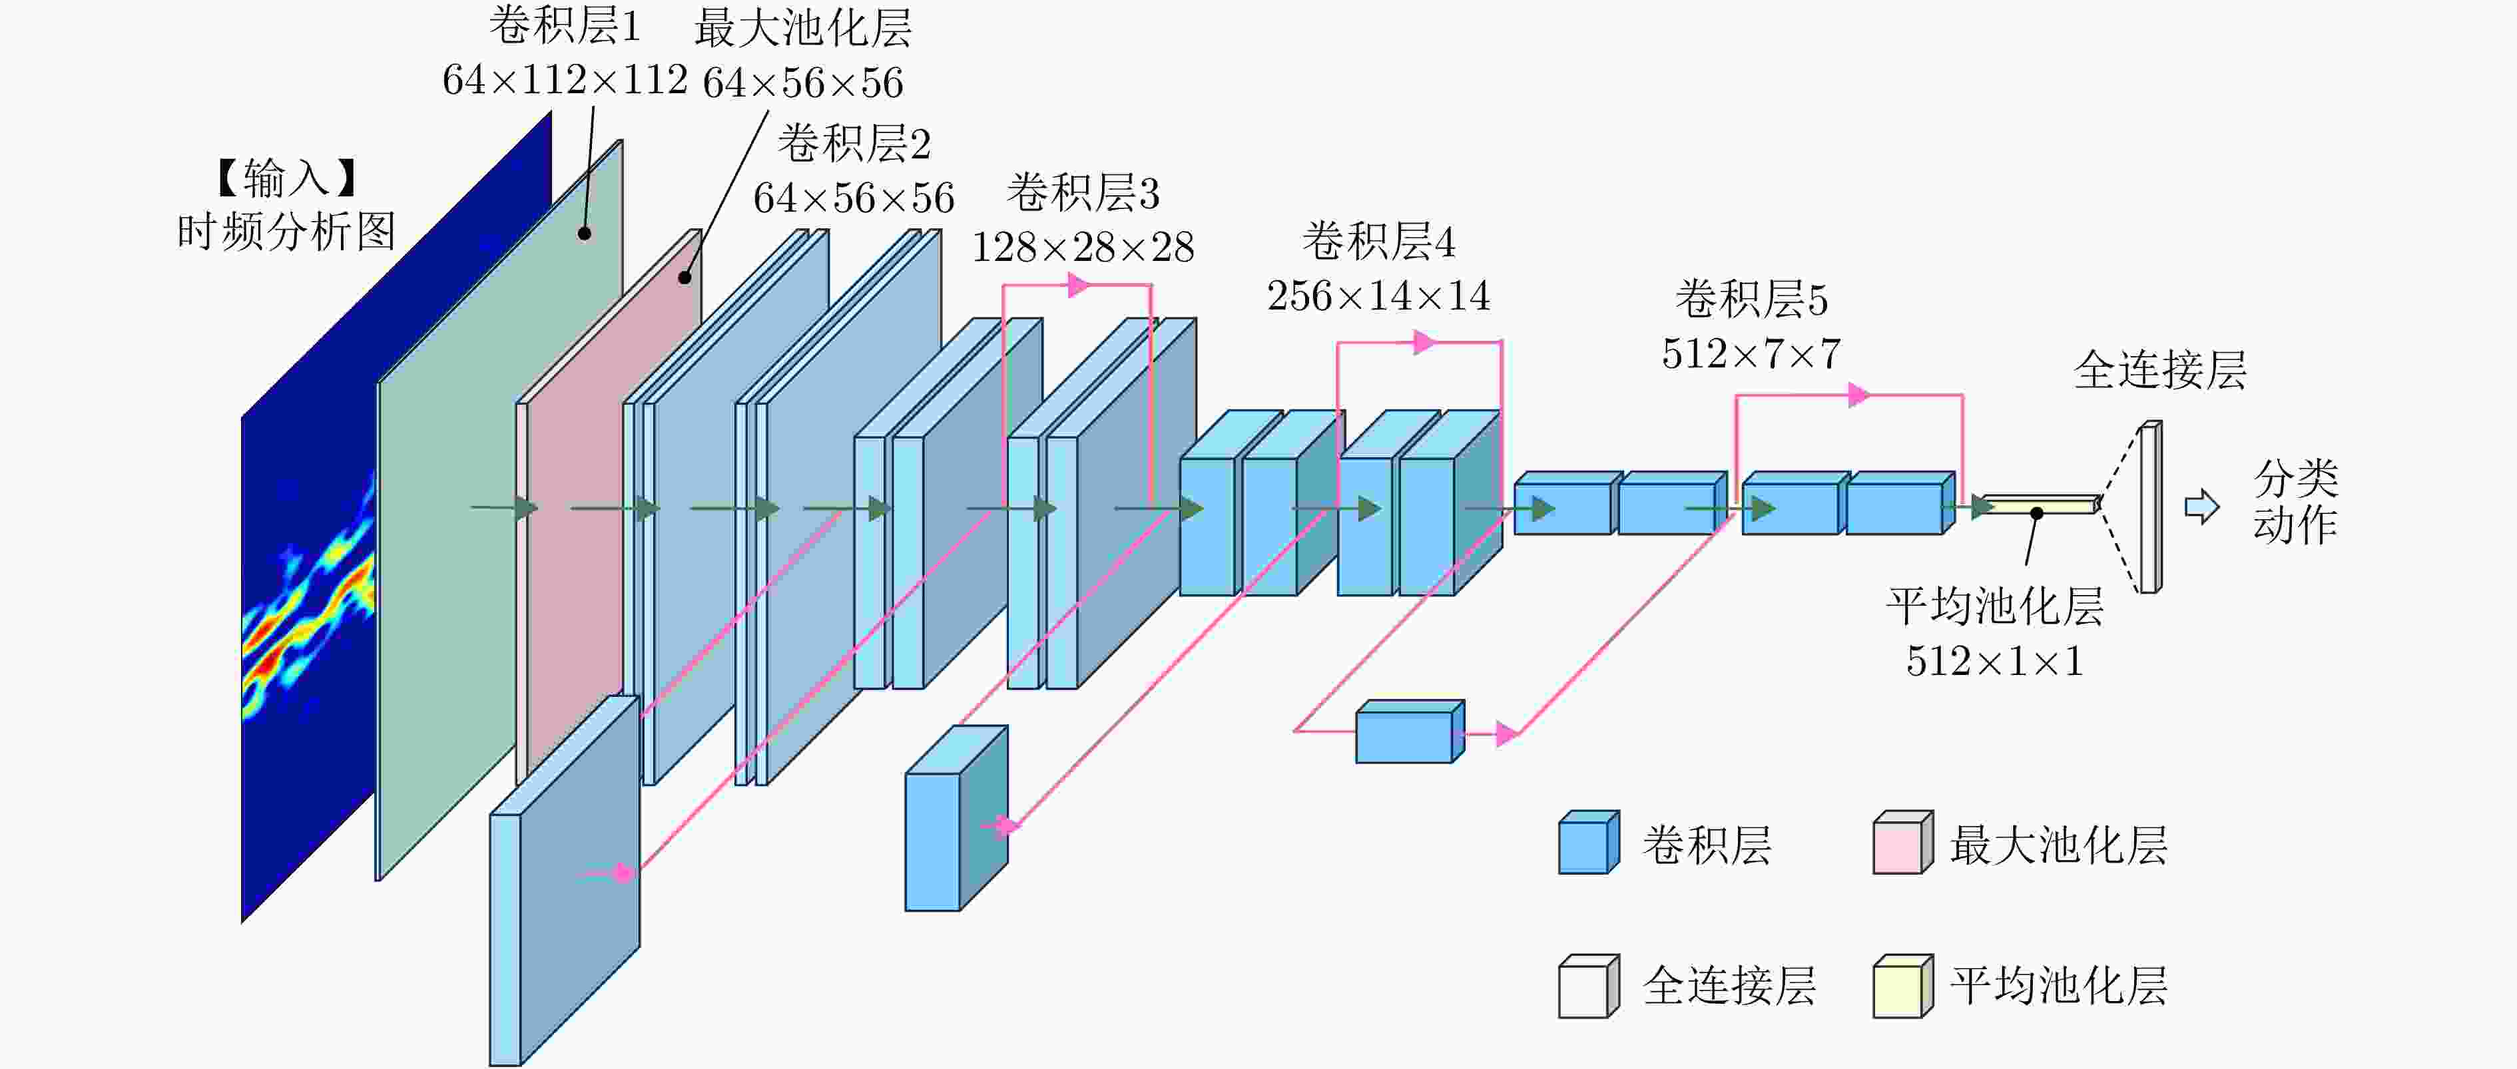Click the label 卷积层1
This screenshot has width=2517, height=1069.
coord(565,27)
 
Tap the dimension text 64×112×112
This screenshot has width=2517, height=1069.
coord(565,80)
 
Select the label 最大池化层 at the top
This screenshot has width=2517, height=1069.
coord(803,29)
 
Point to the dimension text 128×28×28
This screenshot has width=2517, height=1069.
coord(1083,247)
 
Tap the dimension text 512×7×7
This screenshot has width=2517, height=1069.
coord(1751,353)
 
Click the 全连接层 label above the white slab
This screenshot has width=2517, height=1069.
coord(2160,370)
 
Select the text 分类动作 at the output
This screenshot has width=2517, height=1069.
coord(2295,501)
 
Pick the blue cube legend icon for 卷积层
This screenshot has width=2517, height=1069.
coord(1589,841)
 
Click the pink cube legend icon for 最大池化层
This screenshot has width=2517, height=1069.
coord(1902,841)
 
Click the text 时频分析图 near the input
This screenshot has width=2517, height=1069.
coord(286,232)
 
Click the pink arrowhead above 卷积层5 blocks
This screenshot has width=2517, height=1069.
coord(1859,395)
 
